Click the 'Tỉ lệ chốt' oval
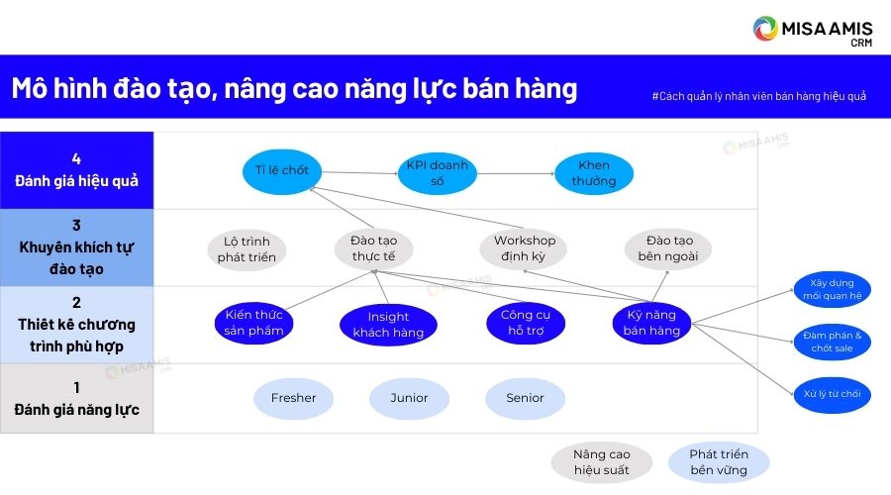pyautogui.click(x=282, y=171)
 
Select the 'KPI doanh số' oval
pyautogui.click(x=437, y=173)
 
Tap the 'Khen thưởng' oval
pyautogui.click(x=594, y=173)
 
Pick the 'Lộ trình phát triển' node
pyautogui.click(x=247, y=249)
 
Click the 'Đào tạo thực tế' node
pyautogui.click(x=374, y=248)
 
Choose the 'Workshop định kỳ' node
pyautogui.click(x=524, y=248)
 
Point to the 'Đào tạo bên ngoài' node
pyautogui.click(x=668, y=248)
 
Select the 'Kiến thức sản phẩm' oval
pyautogui.click(x=253, y=323)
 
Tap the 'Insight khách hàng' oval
pyautogui.click(x=388, y=325)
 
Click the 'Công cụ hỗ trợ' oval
pyautogui.click(x=526, y=323)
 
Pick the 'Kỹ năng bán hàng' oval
pyautogui.click(x=651, y=323)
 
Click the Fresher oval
pyautogui.click(x=293, y=398)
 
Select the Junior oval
pyautogui.click(x=409, y=398)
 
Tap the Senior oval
pyautogui.click(x=525, y=398)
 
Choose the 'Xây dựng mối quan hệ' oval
pyautogui.click(x=832, y=290)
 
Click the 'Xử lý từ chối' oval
pyautogui.click(x=832, y=394)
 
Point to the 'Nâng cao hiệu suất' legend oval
pyautogui.click(x=602, y=462)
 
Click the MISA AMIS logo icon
pyautogui.click(x=765, y=29)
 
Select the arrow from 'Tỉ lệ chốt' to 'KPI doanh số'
pyautogui.click(x=360, y=173)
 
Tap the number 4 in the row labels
pyautogui.click(x=76, y=159)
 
